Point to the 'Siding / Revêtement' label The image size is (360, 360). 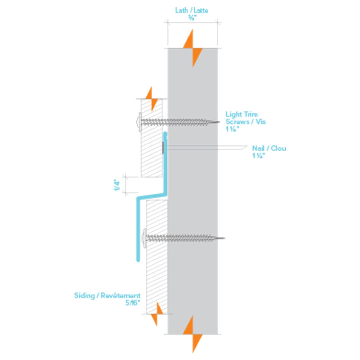pos(107,296)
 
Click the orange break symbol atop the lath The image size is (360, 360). pos(193,47)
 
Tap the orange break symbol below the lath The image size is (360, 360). pos(193,333)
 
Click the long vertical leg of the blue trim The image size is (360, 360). pos(137,229)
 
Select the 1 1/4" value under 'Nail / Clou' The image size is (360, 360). pos(258,156)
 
